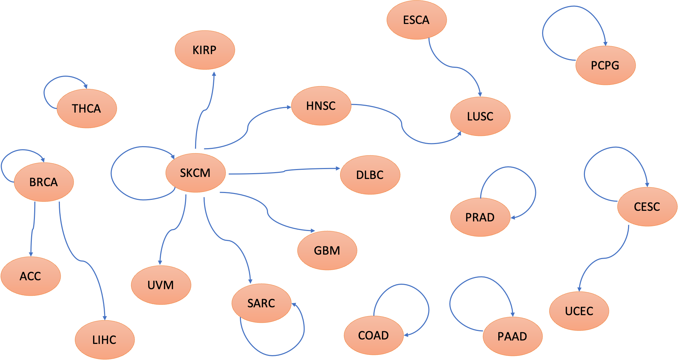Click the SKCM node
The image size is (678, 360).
195,173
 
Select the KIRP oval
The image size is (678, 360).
205,50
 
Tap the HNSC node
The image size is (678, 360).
321,106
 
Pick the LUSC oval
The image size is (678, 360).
480,116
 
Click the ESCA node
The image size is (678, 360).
417,20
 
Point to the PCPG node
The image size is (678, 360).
605,65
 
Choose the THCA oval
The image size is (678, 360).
87,108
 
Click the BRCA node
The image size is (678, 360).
44,182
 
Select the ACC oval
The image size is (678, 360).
30,276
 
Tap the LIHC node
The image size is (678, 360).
105,340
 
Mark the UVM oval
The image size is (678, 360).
161,285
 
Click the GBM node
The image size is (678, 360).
327,250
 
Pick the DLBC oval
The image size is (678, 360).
370,175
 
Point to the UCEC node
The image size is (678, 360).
579,311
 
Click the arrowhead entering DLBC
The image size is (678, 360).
337,168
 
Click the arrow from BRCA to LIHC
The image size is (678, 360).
82,261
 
